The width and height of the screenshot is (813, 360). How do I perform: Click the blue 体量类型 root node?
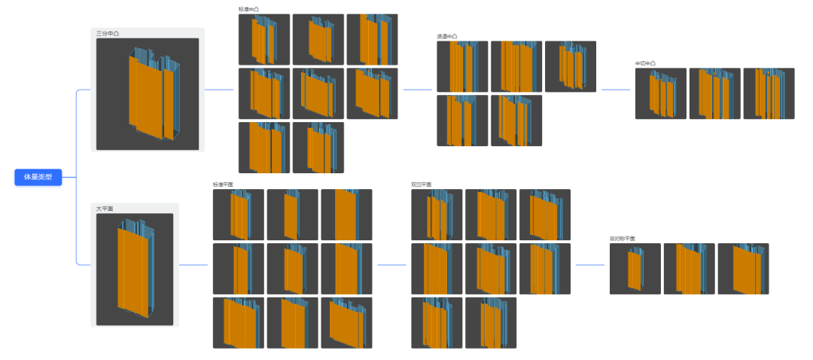pyautogui.click(x=38, y=178)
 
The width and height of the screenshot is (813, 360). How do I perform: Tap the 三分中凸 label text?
pyautogui.click(x=108, y=34)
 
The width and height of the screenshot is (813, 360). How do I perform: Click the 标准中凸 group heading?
pyautogui.click(x=248, y=10)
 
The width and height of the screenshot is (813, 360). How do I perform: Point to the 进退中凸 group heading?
pyautogui.click(x=447, y=36)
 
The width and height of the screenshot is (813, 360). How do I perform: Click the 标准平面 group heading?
pyautogui.click(x=224, y=185)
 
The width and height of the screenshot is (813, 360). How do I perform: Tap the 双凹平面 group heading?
pyautogui.click(x=422, y=185)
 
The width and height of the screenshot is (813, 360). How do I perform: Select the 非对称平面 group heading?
pyautogui.click(x=623, y=239)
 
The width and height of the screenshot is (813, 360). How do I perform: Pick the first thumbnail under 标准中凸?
pyautogui.click(x=264, y=39)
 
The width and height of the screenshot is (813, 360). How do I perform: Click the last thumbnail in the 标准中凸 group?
pyautogui.click(x=318, y=148)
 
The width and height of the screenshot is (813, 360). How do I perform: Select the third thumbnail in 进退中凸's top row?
pyautogui.click(x=571, y=66)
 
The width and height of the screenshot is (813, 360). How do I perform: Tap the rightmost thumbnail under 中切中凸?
pyautogui.click(x=769, y=93)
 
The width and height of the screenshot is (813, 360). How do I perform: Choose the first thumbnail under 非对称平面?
pyautogui.click(x=635, y=269)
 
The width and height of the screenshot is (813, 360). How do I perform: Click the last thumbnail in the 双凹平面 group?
pyautogui.click(x=491, y=323)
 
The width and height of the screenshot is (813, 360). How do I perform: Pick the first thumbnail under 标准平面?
pyautogui.click(x=239, y=215)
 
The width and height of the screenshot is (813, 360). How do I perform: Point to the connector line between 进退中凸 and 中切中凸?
pyautogui.click(x=616, y=90)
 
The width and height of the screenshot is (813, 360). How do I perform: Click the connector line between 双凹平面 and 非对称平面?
pyautogui.click(x=590, y=265)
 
